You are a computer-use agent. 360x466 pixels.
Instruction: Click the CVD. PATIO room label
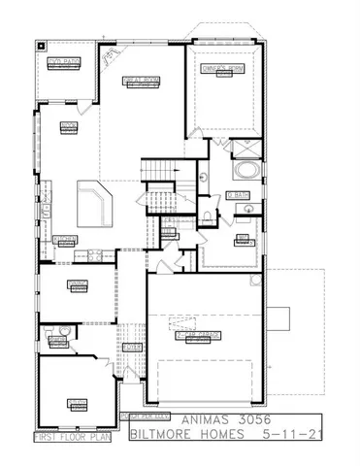pyautogui.click(x=66, y=62)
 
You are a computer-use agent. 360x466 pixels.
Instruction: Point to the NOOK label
pyautogui.click(x=68, y=126)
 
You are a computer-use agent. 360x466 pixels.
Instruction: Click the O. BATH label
pyautogui.click(x=238, y=195)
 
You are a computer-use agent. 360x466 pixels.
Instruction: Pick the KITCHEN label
pyautogui.click(x=65, y=239)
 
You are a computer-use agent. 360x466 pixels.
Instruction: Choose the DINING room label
pyautogui.click(x=79, y=283)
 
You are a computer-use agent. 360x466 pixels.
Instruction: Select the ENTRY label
pyautogui.click(x=133, y=347)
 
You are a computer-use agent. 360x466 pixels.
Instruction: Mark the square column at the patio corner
pyautogui.click(x=42, y=45)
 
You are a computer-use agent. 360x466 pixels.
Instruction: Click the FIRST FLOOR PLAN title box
pyautogui.click(x=72, y=437)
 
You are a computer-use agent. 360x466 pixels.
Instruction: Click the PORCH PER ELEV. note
pyautogui.click(x=135, y=415)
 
